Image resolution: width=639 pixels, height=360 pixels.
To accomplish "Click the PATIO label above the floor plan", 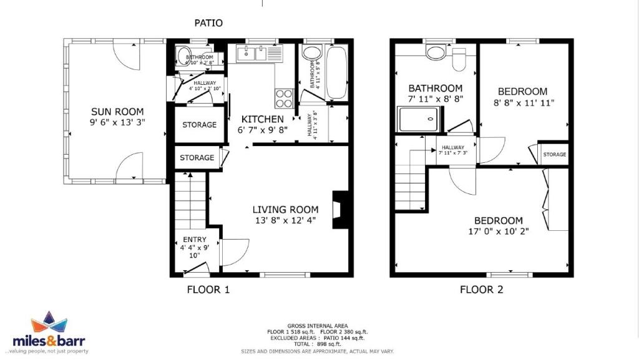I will click(x=208, y=23).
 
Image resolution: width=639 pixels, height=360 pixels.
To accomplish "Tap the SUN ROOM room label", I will click(x=119, y=112).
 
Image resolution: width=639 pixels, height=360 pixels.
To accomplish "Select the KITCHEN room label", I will click(x=263, y=119).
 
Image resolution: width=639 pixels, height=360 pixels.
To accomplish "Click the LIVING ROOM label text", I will click(x=285, y=210).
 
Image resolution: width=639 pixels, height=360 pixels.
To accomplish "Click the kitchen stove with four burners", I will click(x=284, y=99).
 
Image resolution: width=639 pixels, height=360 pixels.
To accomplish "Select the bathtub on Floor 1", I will click(x=336, y=72).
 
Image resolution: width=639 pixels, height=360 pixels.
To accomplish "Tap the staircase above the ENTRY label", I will click(x=190, y=201).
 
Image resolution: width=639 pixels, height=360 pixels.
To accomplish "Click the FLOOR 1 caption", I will click(x=208, y=289).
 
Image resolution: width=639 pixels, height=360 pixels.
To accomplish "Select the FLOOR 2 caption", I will click(x=481, y=289).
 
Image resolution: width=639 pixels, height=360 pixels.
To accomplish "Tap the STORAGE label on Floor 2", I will click(x=554, y=154).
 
